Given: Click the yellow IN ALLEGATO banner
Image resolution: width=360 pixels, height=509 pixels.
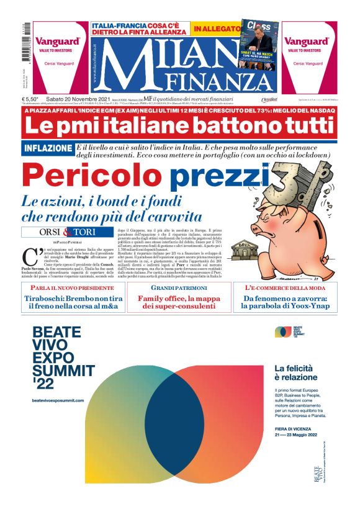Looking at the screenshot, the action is pyautogui.click(x=215, y=29).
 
